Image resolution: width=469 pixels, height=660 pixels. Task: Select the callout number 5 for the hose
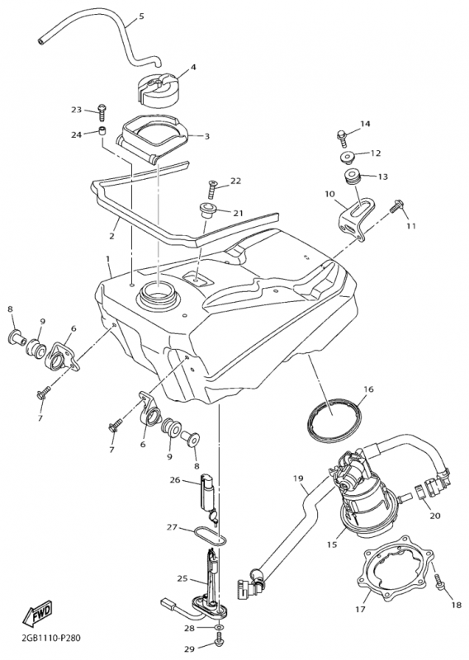[141, 16]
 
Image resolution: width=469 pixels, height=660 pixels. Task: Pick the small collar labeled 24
[102, 131]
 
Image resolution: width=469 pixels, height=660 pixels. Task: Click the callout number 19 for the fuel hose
[298, 478]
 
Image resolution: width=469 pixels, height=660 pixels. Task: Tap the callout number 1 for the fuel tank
[107, 257]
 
